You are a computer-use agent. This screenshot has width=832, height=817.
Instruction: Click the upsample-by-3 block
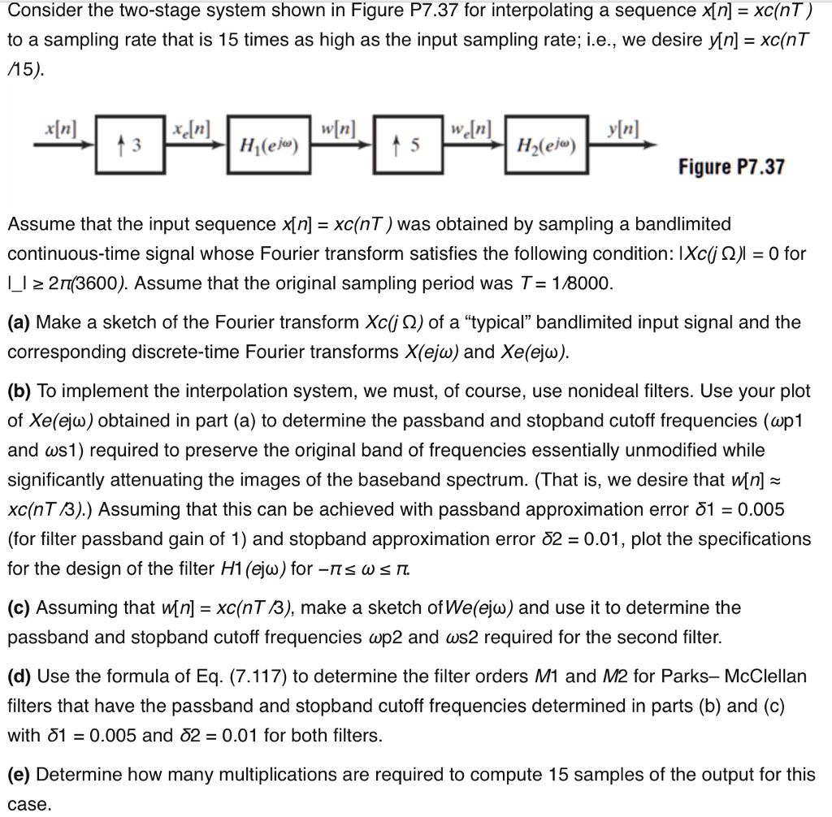[127, 145]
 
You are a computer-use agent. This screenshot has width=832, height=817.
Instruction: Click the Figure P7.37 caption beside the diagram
[732, 167]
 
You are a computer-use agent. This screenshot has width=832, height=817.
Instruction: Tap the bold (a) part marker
[19, 322]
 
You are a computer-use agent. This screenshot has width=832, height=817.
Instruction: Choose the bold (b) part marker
[19, 391]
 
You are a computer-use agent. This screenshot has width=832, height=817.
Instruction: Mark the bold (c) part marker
[19, 607]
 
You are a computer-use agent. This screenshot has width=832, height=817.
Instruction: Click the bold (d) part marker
[19, 677]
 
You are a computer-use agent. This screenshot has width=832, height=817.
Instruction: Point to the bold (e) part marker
[19, 774]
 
